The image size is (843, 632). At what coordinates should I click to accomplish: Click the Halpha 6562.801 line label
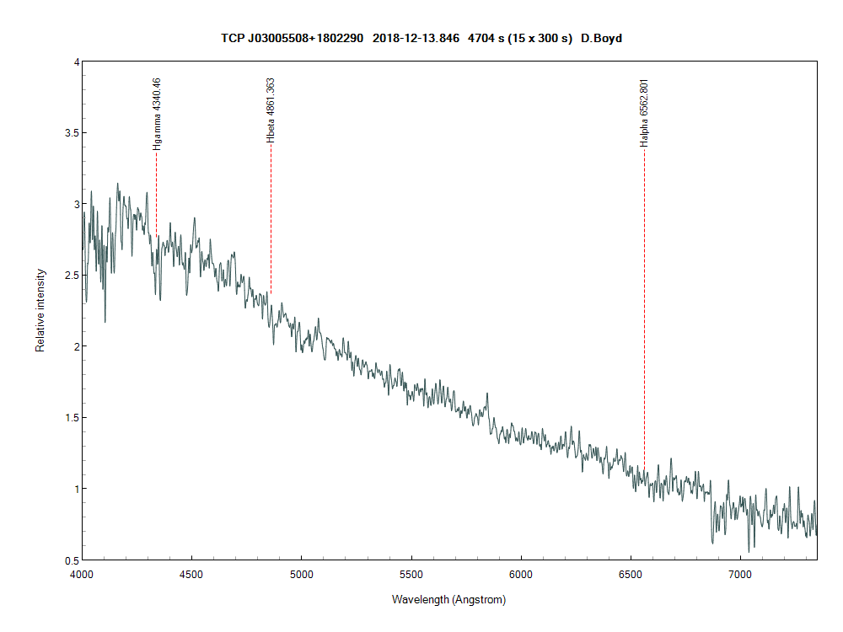point(644,113)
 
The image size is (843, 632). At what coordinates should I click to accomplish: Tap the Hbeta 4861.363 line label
point(271,110)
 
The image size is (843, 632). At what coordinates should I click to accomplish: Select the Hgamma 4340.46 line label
point(156,114)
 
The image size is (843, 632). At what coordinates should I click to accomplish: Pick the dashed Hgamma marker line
point(156,194)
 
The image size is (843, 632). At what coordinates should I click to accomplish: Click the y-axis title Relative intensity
point(40,310)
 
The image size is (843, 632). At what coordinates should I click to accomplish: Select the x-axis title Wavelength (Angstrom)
point(448,600)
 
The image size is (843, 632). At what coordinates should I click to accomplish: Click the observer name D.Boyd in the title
point(601,38)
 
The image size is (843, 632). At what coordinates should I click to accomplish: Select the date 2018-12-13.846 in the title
point(418,38)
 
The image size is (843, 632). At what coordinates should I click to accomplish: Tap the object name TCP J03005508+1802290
point(292,38)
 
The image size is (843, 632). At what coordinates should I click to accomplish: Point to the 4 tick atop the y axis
point(76,62)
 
